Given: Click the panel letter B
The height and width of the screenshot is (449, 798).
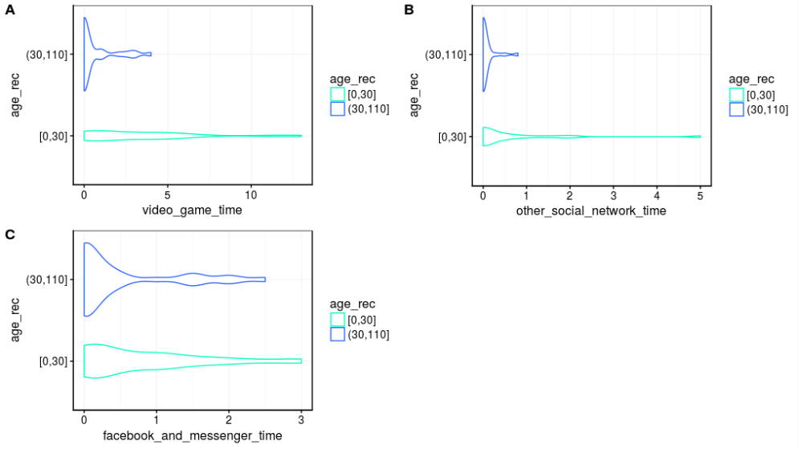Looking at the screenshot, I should [409, 10].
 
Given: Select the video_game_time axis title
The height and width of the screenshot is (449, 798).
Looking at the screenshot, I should [192, 210].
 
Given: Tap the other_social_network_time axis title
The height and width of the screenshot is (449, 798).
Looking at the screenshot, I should [591, 210].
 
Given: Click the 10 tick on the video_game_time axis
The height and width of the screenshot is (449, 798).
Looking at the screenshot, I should [251, 195].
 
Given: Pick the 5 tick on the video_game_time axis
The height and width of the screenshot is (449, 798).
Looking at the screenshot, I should [168, 195].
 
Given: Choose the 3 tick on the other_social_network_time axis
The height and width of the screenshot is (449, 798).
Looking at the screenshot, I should [613, 195].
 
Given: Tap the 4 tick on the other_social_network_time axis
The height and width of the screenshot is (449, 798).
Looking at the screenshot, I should [657, 195].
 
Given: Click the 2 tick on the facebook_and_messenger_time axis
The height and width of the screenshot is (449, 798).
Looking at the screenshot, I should [229, 420].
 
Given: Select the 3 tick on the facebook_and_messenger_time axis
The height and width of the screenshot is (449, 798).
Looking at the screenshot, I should [301, 420].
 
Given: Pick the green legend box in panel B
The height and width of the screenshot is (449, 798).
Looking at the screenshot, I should [736, 95].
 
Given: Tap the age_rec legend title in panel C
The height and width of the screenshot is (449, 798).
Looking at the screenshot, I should [352, 304].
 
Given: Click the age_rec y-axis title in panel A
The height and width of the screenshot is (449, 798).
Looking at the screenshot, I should [16, 95].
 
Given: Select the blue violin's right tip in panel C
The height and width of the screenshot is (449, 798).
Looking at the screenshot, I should [265, 280].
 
